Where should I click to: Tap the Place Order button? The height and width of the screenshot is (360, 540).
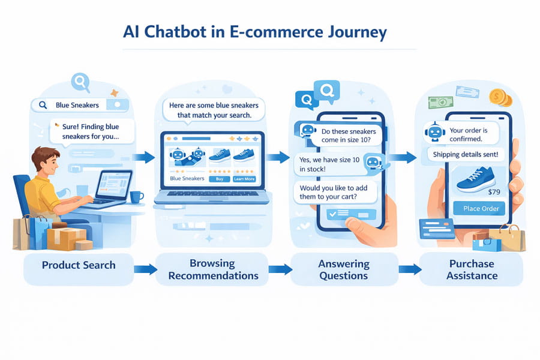pyautogui.click(x=481, y=208)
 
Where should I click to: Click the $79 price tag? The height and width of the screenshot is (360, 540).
pyautogui.click(x=494, y=192)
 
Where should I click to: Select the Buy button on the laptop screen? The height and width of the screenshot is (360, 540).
pyautogui.click(x=220, y=179)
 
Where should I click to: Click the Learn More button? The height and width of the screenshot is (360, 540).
pyautogui.click(x=244, y=179)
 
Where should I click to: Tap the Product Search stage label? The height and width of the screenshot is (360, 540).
pyautogui.click(x=79, y=265)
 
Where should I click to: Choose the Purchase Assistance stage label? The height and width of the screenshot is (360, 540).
pyautogui.click(x=472, y=270)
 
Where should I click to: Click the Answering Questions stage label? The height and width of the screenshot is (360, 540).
pyautogui.click(x=344, y=270)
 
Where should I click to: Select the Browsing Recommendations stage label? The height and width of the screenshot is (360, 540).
pyautogui.click(x=213, y=269)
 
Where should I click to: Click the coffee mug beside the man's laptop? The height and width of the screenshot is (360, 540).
pyautogui.click(x=136, y=197)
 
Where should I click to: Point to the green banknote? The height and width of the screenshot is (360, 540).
pyautogui.click(x=440, y=103)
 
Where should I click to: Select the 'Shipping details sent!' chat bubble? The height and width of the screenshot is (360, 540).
pyautogui.click(x=466, y=154)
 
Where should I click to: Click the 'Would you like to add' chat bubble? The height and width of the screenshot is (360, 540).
pyautogui.click(x=334, y=192)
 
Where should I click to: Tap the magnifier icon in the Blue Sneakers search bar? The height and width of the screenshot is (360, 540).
pyautogui.click(x=43, y=105)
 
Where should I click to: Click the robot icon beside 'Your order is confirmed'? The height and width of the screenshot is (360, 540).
pyautogui.click(x=435, y=131)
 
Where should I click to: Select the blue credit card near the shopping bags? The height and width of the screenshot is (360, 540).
pyautogui.click(x=437, y=229)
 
